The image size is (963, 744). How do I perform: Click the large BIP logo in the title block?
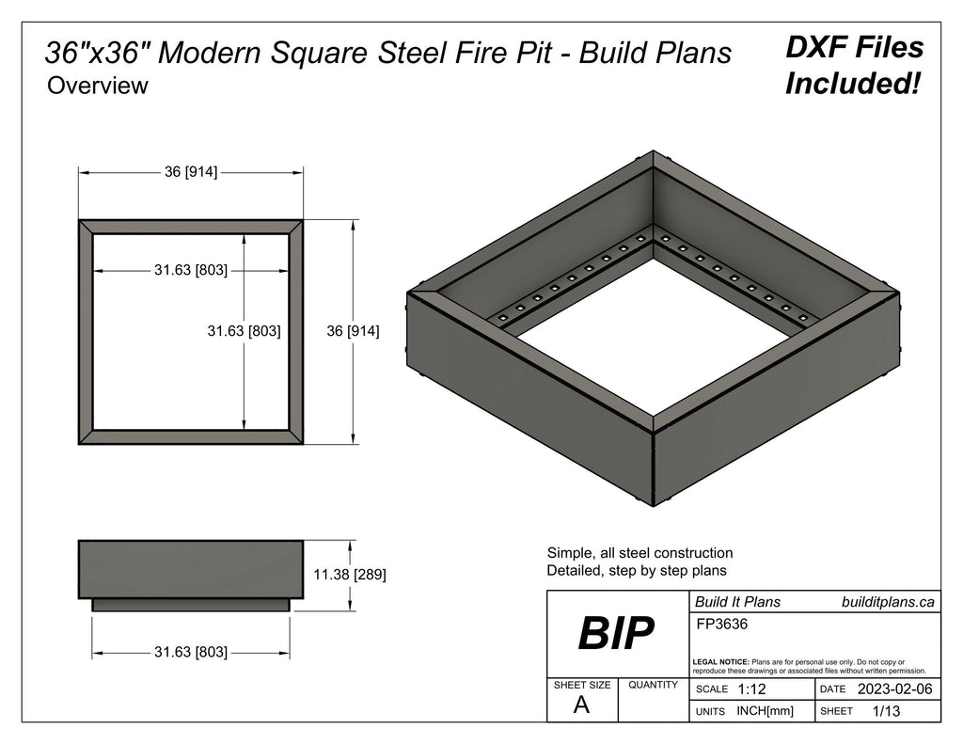click(616, 634)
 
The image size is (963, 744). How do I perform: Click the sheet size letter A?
click(581, 706)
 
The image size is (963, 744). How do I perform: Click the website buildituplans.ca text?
click(888, 602)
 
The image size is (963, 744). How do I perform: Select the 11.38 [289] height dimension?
click(349, 573)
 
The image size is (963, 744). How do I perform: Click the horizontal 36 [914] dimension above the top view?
click(191, 172)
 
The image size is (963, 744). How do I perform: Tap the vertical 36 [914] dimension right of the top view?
click(353, 331)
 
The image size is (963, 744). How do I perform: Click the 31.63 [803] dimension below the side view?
click(191, 651)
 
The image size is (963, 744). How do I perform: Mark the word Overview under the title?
click(98, 86)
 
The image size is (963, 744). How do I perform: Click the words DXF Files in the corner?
click(854, 47)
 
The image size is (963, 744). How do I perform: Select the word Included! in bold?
click(852, 84)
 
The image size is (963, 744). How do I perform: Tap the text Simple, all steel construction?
click(639, 553)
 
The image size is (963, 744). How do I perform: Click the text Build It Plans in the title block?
click(737, 602)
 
